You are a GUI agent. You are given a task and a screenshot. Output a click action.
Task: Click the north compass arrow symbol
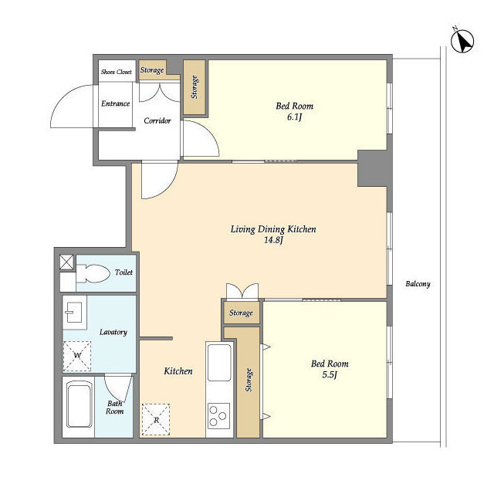click(462, 41)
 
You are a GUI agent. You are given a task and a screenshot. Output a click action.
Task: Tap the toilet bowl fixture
click(93, 273)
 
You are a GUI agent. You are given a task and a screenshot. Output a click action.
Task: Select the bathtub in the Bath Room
click(80, 404)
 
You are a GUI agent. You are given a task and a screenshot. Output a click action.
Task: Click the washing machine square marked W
click(77, 356)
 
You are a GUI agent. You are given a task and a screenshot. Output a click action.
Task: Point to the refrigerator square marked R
click(156, 420)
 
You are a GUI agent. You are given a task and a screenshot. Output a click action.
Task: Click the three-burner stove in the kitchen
click(218, 416)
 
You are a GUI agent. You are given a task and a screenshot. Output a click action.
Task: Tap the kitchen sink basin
click(219, 362)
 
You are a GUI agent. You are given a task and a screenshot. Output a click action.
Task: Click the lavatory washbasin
click(74, 312)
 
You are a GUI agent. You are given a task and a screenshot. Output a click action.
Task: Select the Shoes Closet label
click(117, 72)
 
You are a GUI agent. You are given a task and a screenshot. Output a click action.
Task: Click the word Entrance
click(115, 103)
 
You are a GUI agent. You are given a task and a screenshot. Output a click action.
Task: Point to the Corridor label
click(157, 120)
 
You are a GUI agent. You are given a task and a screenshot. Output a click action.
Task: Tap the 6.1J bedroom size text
click(295, 117)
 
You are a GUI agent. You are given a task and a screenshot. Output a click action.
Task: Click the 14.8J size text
click(273, 240)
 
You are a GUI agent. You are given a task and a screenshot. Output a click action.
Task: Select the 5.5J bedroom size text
click(330, 375)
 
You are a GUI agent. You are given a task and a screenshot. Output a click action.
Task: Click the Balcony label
click(418, 284)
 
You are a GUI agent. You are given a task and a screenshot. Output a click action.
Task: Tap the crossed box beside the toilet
click(67, 262)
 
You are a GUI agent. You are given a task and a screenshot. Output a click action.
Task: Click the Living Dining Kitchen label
click(273, 229)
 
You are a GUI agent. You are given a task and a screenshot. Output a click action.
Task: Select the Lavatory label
click(113, 332)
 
